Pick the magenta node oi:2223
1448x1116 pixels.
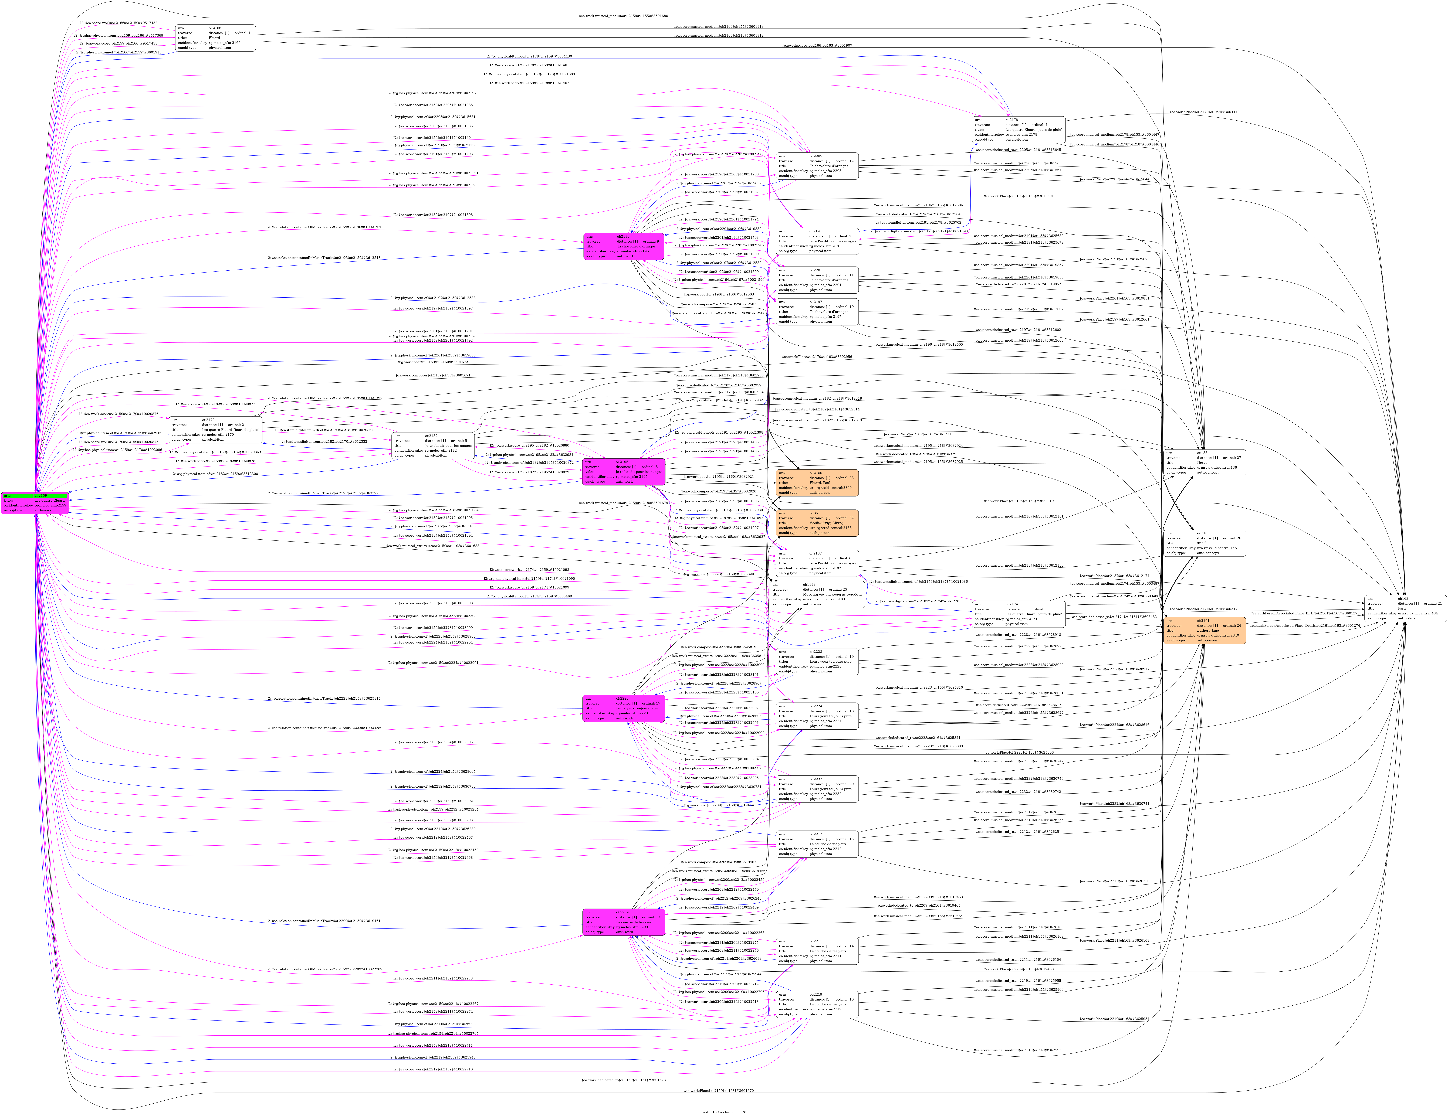[x=623, y=708]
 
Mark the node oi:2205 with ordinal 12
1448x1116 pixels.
[x=817, y=166]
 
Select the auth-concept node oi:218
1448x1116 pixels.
[x=1205, y=543]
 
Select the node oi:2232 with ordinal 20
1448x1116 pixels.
[x=817, y=789]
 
